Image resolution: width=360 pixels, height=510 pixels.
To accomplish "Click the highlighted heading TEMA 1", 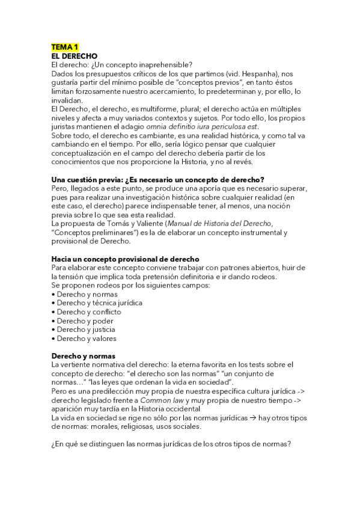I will point(65,46).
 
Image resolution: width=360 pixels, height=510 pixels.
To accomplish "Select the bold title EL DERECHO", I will point(75,55).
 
